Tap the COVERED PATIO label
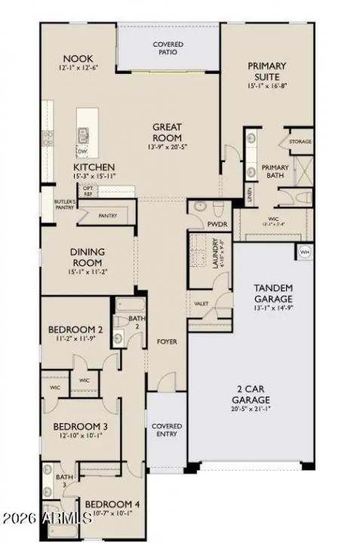coord(168,49)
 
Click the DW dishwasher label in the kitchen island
coord(82,150)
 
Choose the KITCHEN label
coord(94,167)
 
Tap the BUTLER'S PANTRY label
coord(64,205)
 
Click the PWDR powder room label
coord(217,224)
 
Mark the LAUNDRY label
coord(215,256)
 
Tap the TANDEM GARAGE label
coord(272,293)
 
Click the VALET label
coord(202,303)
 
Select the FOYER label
coord(167,342)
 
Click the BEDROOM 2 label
coord(75,330)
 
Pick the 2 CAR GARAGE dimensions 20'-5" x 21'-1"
coord(251,410)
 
